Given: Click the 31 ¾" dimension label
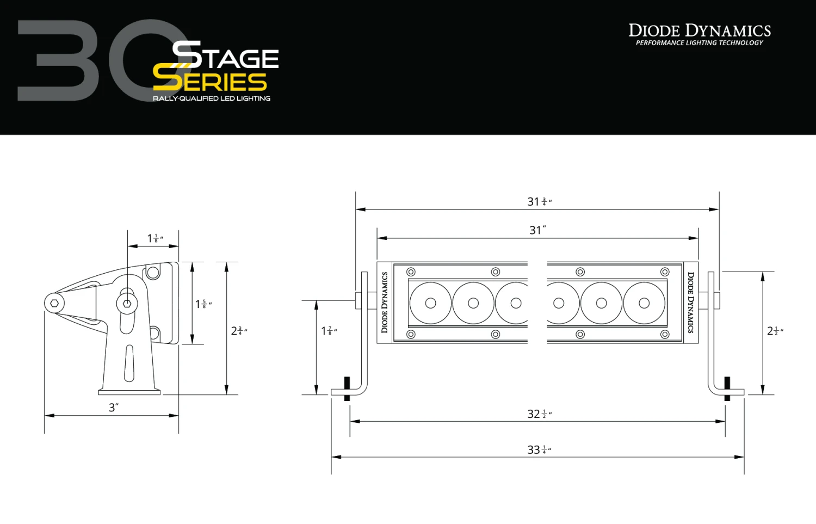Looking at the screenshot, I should [539, 202].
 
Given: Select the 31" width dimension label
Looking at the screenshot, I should [537, 230].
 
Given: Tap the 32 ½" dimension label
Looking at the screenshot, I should [539, 415].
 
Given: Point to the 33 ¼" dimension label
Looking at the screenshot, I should [539, 450].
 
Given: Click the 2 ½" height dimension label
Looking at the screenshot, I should [775, 331].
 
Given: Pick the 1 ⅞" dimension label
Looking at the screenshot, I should [329, 331].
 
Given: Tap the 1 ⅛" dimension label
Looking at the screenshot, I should [155, 238].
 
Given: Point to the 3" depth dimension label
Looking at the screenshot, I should [113, 408].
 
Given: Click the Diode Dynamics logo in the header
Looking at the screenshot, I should [700, 30].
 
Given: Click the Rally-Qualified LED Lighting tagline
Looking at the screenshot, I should [212, 98].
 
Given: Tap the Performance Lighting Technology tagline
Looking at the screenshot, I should [700, 43].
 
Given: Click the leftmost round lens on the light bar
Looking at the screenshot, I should [430, 303].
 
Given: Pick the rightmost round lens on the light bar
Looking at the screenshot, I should [644, 303].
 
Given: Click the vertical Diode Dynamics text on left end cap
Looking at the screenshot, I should [385, 303].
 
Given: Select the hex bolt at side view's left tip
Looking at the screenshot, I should [54, 303].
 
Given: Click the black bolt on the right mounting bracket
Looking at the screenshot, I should [727, 389].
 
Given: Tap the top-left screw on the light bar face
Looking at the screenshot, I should [411, 272].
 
